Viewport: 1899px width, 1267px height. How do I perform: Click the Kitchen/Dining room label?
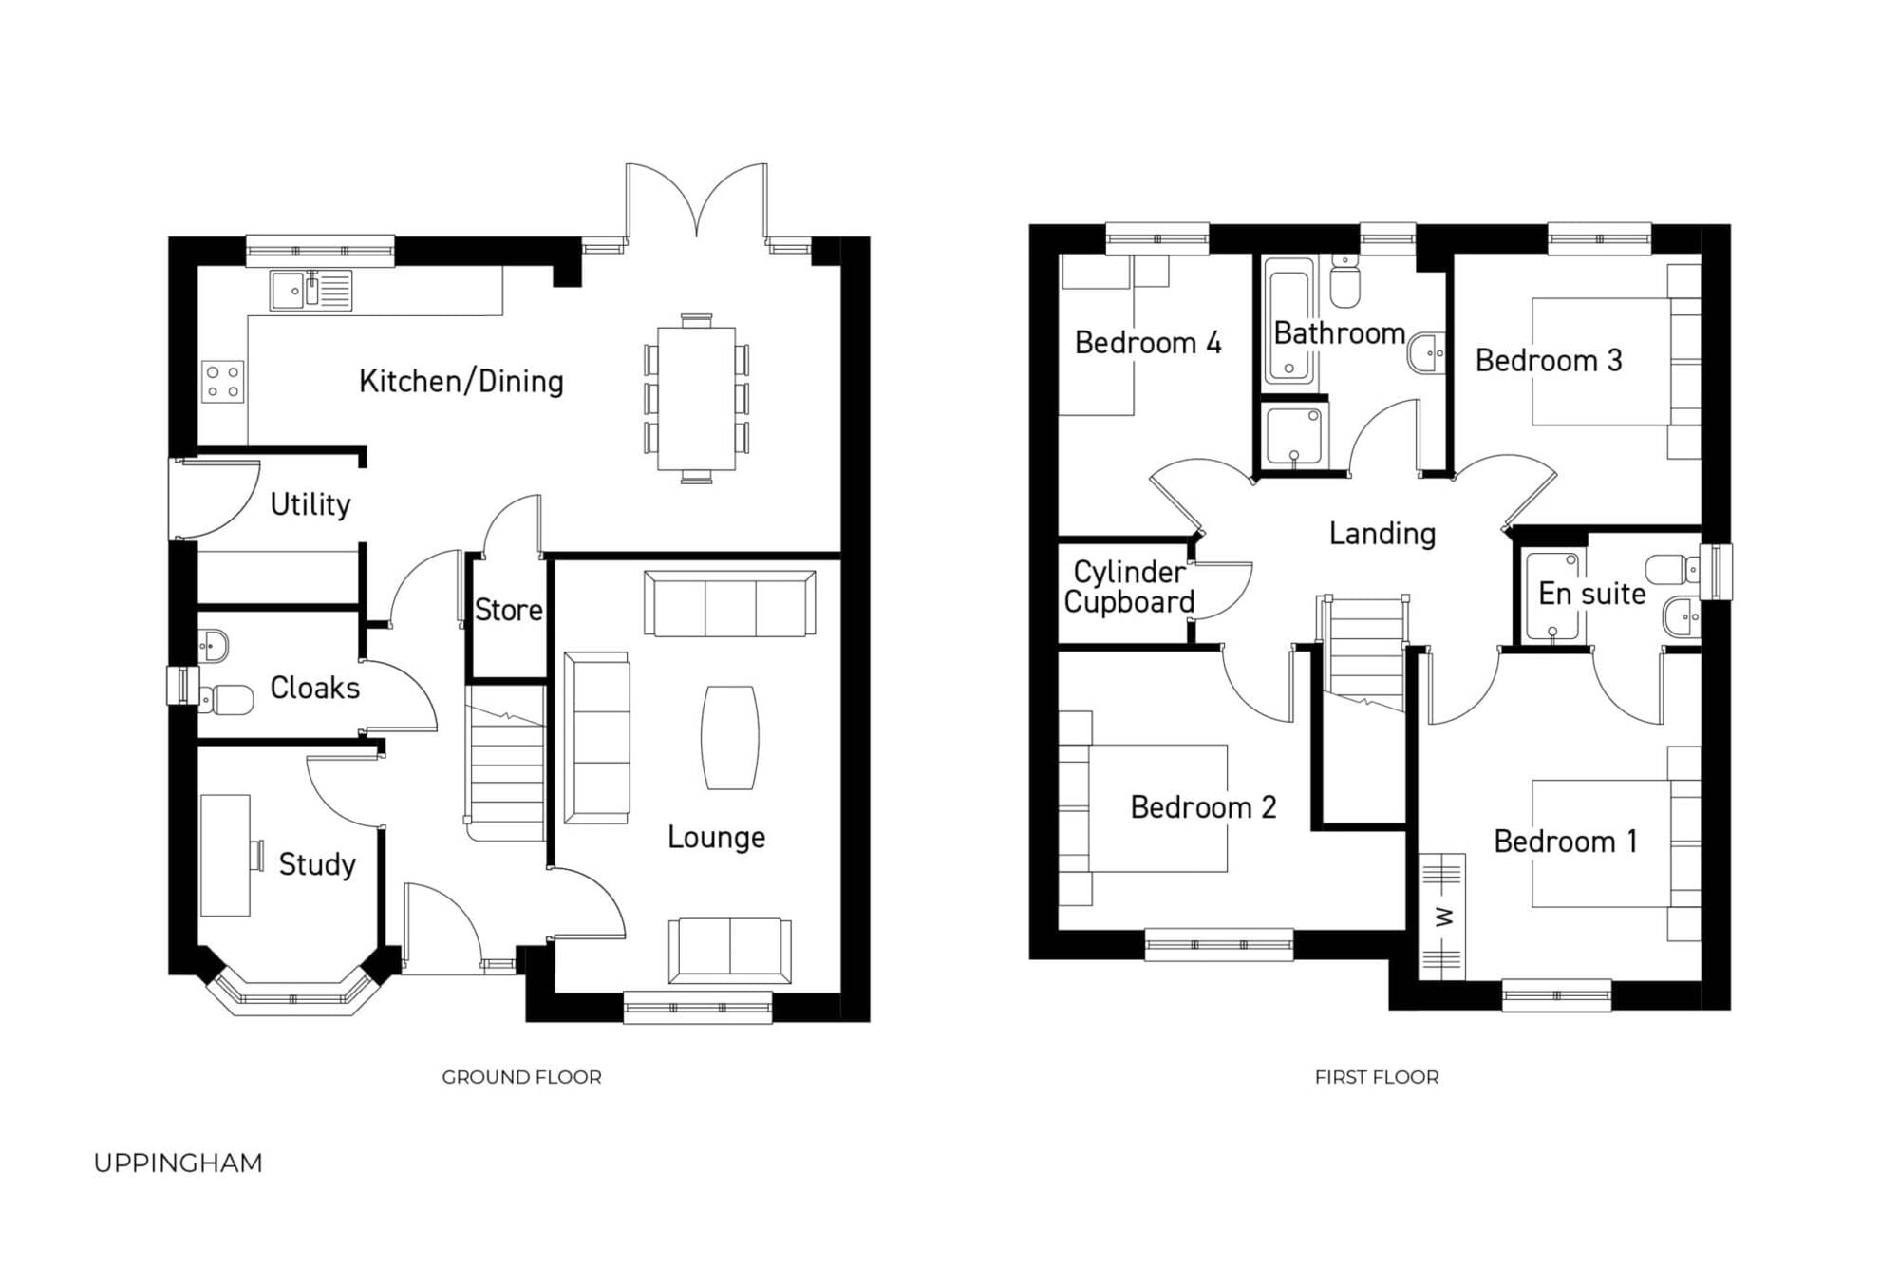tap(461, 382)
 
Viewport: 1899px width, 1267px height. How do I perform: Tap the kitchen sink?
tap(310, 291)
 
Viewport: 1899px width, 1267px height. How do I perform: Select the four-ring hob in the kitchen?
tap(223, 382)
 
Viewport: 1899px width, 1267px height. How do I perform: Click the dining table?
tap(697, 399)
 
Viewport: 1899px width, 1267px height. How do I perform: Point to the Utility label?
tap(310, 504)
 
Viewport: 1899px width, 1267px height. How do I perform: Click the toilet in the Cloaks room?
tap(227, 700)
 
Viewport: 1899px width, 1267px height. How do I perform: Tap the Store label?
tap(509, 610)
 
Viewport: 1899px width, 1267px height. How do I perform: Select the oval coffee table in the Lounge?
tap(730, 738)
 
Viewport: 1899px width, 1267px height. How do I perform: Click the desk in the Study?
tap(226, 856)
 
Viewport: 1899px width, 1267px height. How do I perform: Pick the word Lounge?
tap(717, 837)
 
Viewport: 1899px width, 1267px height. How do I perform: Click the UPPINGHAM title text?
tap(179, 1163)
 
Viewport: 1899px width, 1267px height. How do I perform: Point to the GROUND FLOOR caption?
tap(521, 1077)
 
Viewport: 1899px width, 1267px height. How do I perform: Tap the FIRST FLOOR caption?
tap(1377, 1077)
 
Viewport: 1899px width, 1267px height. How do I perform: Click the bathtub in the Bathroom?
tap(1289, 321)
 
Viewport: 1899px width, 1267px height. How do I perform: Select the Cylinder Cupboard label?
tap(1129, 587)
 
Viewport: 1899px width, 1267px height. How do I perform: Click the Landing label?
tap(1382, 534)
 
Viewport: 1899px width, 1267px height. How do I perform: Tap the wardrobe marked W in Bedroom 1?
tap(1442, 917)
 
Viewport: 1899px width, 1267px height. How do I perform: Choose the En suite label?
tap(1592, 594)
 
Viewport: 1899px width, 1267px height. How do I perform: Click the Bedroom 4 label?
tap(1148, 343)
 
